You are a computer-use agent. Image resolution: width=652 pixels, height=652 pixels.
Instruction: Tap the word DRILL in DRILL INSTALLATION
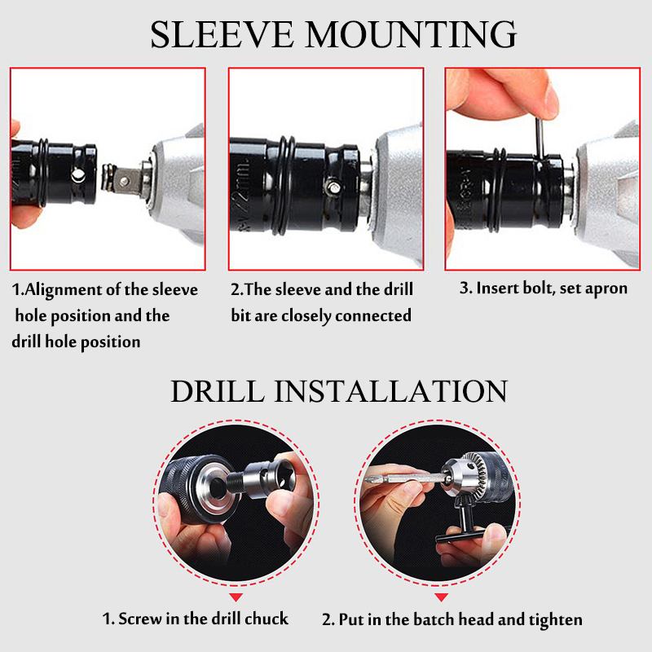(218, 390)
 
